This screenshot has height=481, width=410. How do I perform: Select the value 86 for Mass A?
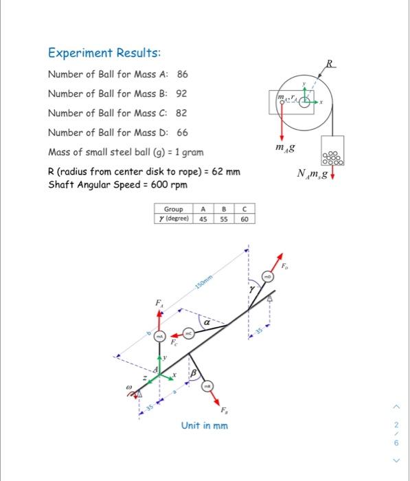183,74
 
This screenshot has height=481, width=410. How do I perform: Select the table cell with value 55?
223,219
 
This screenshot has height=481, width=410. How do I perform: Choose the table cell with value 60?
244,219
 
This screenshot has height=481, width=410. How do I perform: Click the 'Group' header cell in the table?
173,210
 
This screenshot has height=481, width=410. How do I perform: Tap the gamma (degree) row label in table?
173,219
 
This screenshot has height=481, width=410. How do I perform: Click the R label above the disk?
332,64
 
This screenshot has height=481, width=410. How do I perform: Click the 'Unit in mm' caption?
205,425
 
